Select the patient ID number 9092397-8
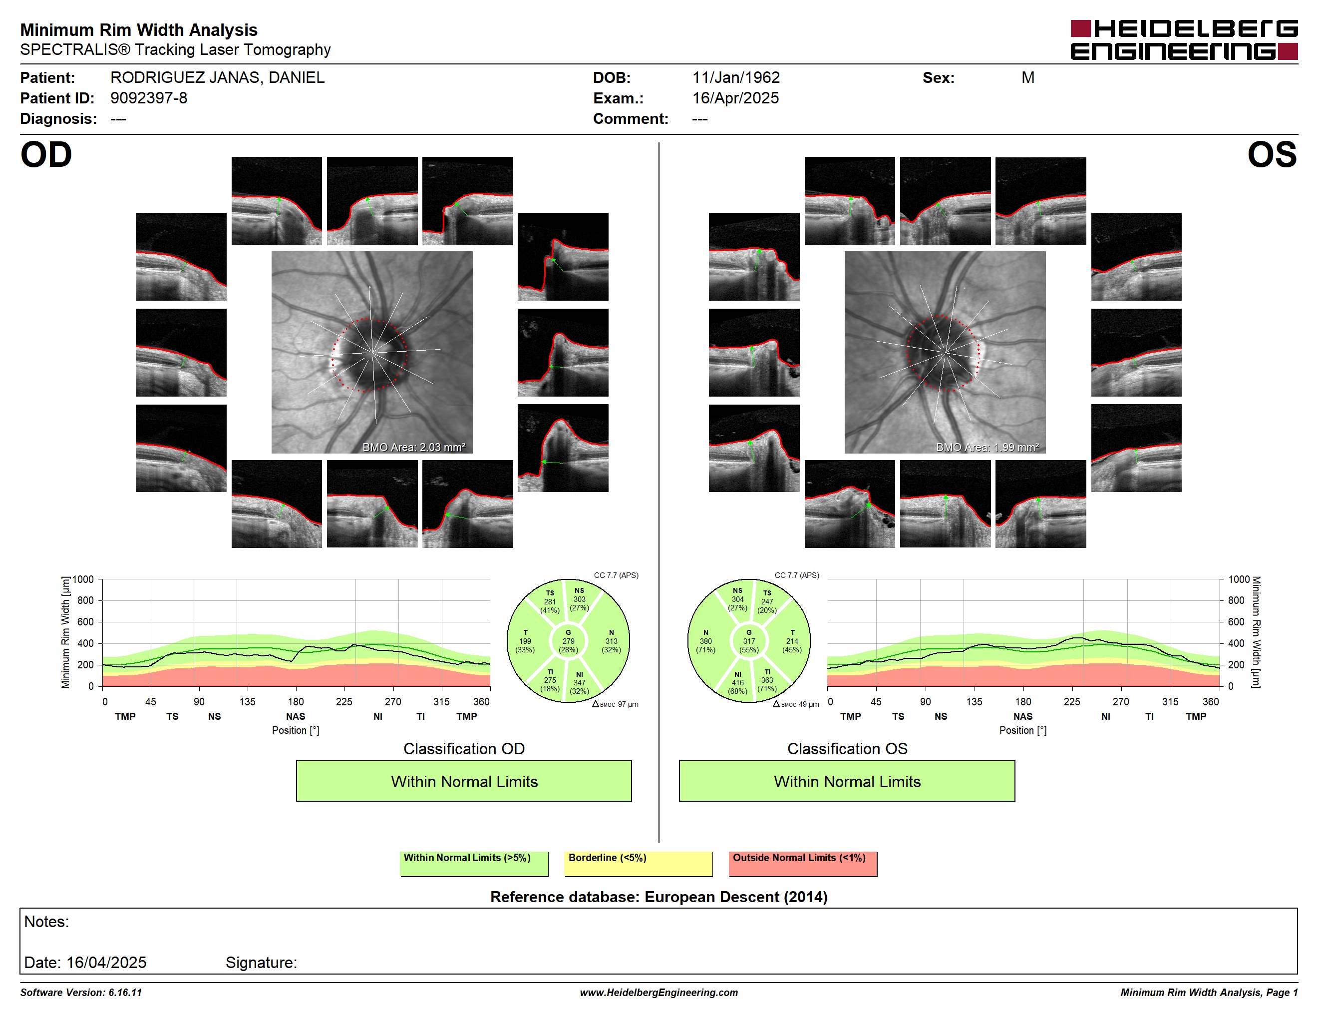click(x=148, y=98)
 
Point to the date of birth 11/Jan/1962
click(x=736, y=77)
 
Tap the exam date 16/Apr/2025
click(x=735, y=98)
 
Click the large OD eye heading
click(x=46, y=154)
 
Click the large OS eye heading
click(x=1272, y=154)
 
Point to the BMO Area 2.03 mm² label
click(x=414, y=448)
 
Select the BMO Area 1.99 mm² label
click(x=988, y=448)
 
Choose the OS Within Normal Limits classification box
click(x=847, y=781)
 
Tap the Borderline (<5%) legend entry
click(x=638, y=863)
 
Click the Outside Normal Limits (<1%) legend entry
click(x=803, y=863)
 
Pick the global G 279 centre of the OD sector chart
click(x=568, y=641)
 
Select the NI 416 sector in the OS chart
click(x=737, y=683)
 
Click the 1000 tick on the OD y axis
click(x=83, y=579)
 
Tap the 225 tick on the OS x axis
click(x=1072, y=701)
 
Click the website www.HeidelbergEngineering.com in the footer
click(x=659, y=993)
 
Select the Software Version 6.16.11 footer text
click(x=81, y=993)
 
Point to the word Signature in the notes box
click(x=261, y=962)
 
